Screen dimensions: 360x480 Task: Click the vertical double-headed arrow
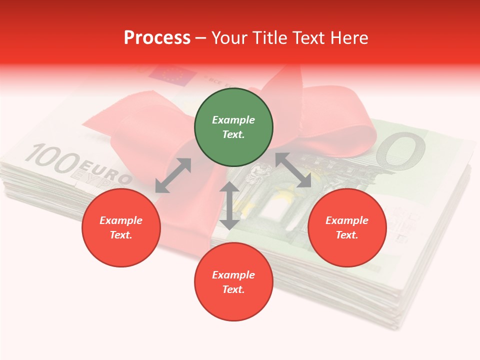(229, 205)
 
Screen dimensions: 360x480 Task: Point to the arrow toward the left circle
(173, 175)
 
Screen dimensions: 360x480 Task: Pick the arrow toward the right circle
(293, 170)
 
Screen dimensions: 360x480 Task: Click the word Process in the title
(157, 38)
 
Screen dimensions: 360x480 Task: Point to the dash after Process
(200, 38)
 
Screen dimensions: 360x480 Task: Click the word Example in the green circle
(233, 120)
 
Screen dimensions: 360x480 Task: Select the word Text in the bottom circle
(233, 289)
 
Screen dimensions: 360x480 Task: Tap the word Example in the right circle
(347, 220)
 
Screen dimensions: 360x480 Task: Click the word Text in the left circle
(121, 235)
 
